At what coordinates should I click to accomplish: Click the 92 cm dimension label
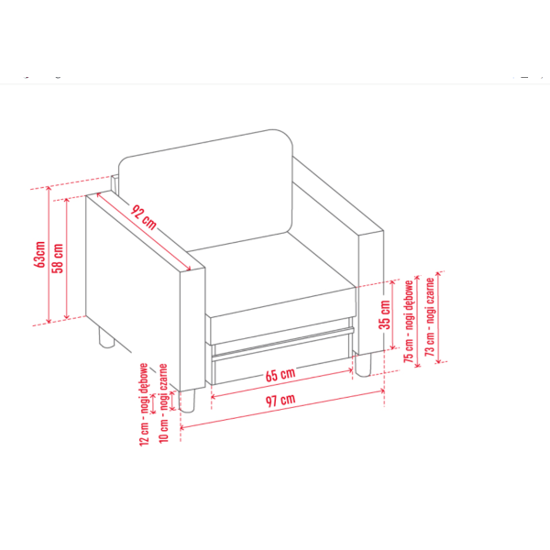[144, 217]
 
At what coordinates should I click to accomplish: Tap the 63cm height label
[40, 255]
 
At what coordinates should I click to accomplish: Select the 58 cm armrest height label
[58, 258]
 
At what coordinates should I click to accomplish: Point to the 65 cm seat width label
[280, 375]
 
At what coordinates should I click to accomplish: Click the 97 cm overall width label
[280, 400]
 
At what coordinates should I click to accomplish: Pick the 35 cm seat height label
[385, 314]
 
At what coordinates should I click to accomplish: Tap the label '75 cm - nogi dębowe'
[409, 322]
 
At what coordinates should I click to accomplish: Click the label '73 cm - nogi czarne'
[430, 317]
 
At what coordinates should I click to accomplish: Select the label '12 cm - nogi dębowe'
[144, 404]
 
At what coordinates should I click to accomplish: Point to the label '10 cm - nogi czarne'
[164, 403]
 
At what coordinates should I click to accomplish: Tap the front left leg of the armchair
[187, 401]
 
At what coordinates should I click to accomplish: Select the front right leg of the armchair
[363, 365]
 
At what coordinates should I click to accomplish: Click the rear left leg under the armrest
[106, 337]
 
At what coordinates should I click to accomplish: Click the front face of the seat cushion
[282, 316]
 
